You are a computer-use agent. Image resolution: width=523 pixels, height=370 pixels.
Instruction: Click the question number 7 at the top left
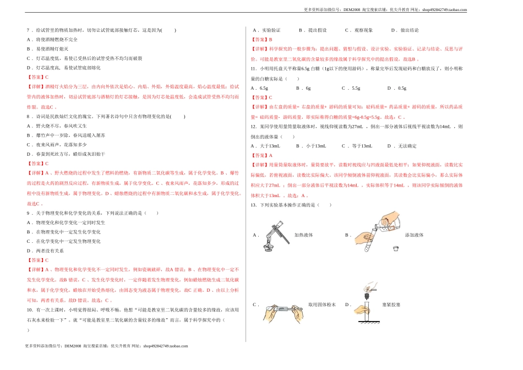coord(28,30)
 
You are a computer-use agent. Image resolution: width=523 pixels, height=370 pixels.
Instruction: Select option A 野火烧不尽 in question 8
coord(48,126)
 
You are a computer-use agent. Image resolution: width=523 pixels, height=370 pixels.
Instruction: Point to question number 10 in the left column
coord(30,309)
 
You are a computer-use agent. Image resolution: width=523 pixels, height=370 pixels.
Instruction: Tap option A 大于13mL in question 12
coord(265,146)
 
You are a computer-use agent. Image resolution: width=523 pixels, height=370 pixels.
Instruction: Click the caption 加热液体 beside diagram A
coord(303,235)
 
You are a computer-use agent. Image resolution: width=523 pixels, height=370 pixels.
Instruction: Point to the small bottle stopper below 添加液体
coord(396,248)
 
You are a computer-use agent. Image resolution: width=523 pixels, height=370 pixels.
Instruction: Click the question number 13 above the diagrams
coord(254,205)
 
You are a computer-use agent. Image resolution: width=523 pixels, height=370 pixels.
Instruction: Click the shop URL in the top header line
coord(444,9)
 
